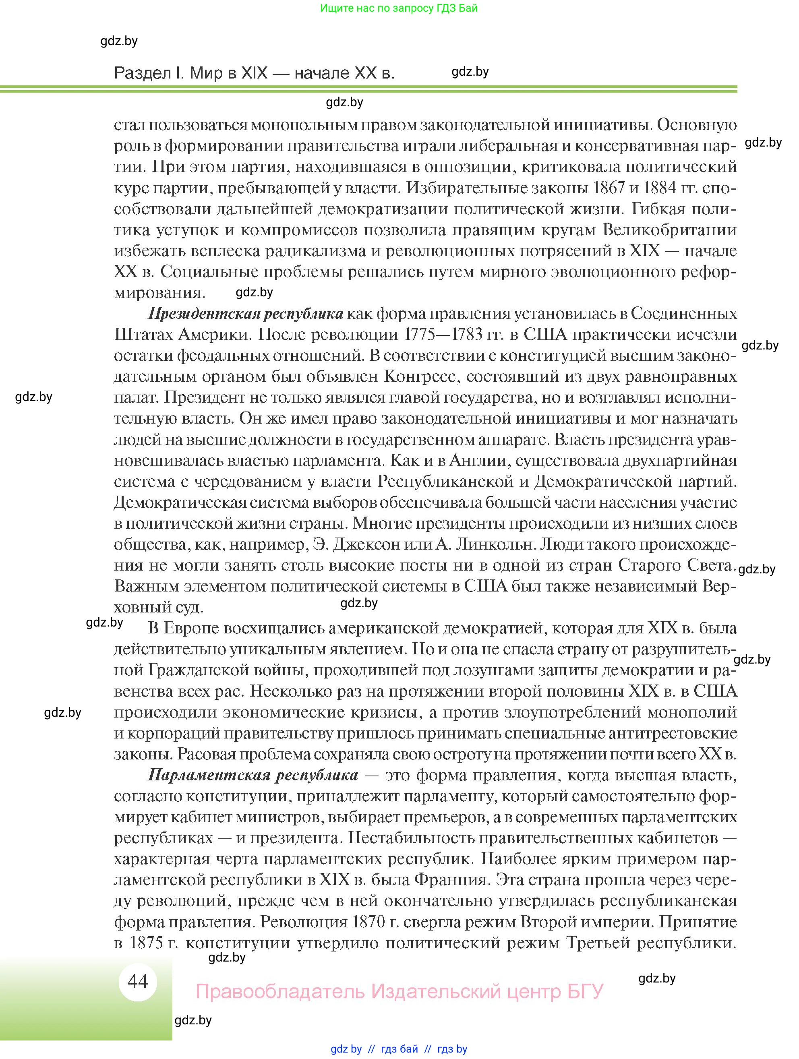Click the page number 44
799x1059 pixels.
click(138, 981)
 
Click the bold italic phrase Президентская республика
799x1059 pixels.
click(246, 314)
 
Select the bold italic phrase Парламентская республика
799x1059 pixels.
click(253, 775)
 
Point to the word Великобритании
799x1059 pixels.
click(669, 230)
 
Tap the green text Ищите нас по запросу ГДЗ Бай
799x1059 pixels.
click(399, 8)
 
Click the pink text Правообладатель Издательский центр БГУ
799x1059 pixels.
click(399, 991)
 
